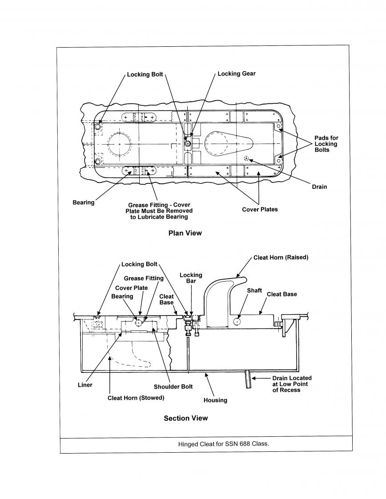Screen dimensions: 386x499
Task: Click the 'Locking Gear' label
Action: coord(237,73)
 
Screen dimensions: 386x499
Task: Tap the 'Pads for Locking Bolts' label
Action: coord(326,144)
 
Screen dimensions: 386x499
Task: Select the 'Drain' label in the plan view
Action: coord(319,187)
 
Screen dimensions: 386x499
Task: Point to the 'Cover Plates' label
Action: coord(260,209)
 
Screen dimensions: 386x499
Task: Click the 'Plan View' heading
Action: coord(185,233)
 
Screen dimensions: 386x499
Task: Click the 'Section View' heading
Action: coord(186,418)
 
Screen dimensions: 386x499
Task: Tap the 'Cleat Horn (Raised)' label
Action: coord(281,257)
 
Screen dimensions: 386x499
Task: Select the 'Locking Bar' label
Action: coord(191,278)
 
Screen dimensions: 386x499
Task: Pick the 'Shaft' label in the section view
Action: coord(254,291)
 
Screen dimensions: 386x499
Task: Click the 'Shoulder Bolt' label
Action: coord(173,387)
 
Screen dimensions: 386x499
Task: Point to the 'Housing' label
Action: coord(215,400)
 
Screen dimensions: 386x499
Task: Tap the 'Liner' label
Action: coord(85,385)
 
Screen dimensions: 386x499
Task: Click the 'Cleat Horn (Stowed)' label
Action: coord(136,398)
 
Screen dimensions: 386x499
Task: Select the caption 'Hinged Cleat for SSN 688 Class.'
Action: coord(224,444)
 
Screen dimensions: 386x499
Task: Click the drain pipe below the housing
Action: coord(248,379)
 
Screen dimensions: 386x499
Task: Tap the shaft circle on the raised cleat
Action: coord(237,322)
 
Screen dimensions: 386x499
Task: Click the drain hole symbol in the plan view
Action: coord(246,158)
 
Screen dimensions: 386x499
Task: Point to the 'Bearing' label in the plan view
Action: coord(83,203)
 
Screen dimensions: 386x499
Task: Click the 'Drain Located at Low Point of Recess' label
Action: coord(292,384)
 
